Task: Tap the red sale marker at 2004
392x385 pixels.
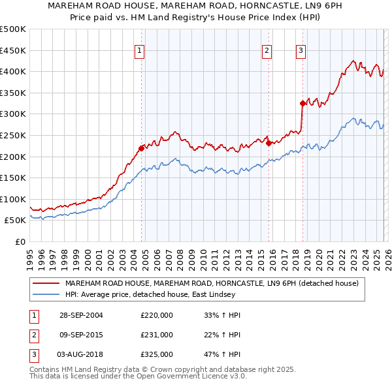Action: pos(142,147)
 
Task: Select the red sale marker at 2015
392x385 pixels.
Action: pos(269,143)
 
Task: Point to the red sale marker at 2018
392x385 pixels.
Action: pos(302,102)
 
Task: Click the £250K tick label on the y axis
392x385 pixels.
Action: pos(13,135)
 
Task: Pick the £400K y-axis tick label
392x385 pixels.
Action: pos(13,71)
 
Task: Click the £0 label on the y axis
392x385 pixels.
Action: pos(19,242)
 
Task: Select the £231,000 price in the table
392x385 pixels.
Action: pos(156,335)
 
